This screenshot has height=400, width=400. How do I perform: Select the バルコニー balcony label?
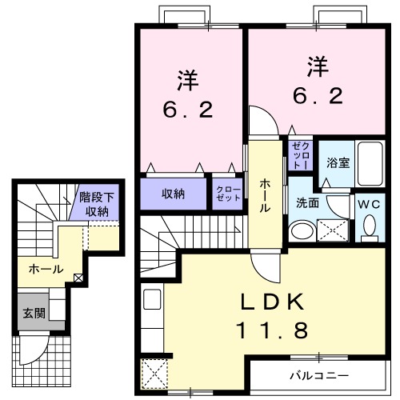(318, 374)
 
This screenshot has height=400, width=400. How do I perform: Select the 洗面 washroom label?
(308, 203)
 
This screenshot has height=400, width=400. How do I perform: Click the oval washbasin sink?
(302, 232)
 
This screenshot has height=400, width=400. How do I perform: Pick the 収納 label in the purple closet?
(174, 193)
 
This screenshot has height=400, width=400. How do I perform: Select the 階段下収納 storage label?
(98, 204)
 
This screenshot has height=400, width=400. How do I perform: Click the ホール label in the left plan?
(46, 270)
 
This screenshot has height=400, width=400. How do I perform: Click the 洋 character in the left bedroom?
(187, 80)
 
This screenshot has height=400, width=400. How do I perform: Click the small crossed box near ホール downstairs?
(78, 278)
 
